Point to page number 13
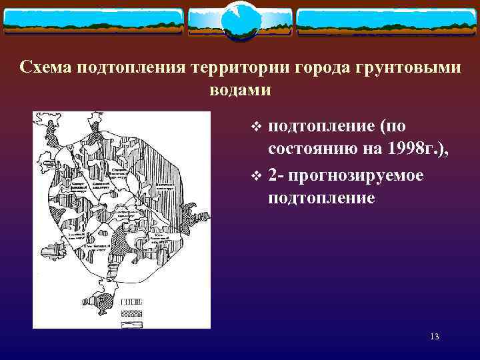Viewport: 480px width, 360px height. [434, 337]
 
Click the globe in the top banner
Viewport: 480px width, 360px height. [239, 21]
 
